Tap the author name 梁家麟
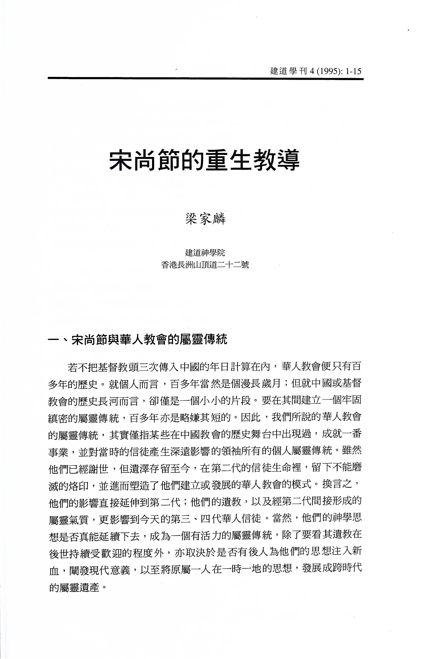[206, 219]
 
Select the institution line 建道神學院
[205, 252]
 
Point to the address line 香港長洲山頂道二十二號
[205, 265]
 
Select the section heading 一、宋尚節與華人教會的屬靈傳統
[138, 340]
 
